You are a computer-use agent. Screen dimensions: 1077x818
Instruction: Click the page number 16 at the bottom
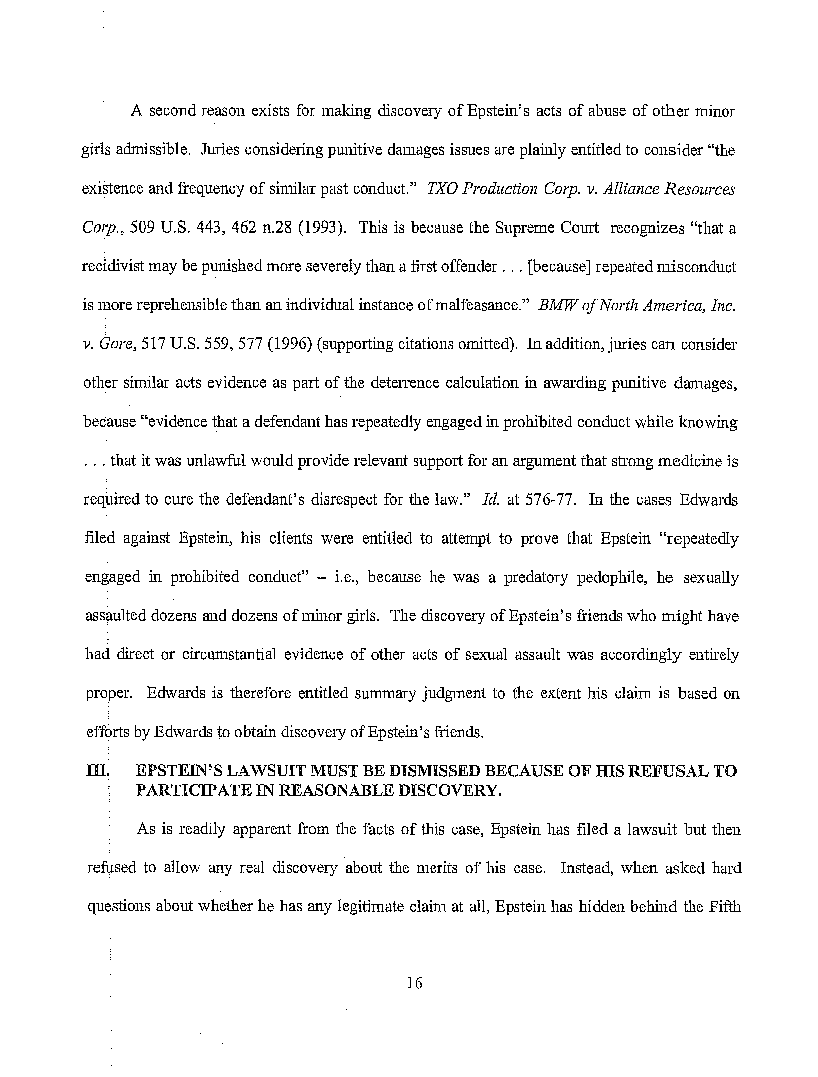(414, 983)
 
